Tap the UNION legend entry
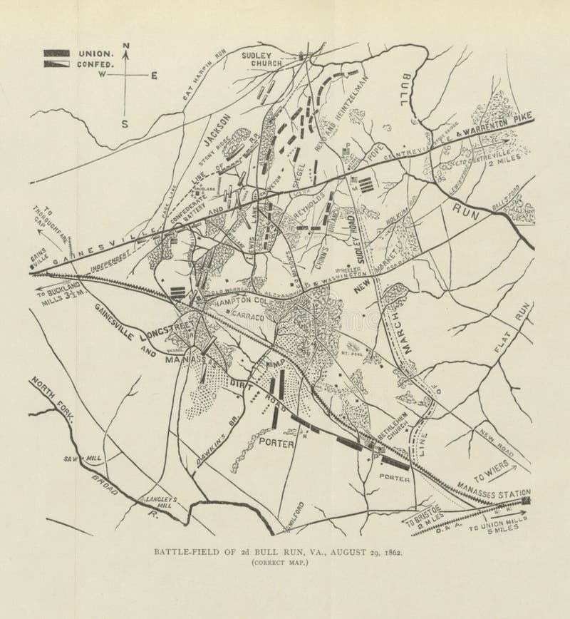coord(95,53)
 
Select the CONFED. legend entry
coord(95,64)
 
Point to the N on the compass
coord(126,47)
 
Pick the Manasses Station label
coord(496,493)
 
